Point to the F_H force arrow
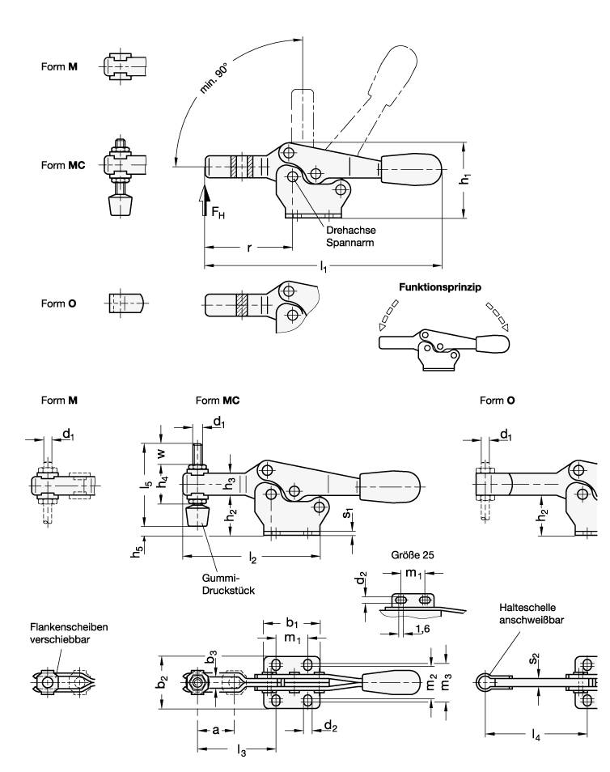click(x=205, y=199)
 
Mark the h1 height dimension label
click(x=465, y=181)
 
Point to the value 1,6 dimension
click(x=421, y=628)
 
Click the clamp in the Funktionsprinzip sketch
click(x=441, y=345)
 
